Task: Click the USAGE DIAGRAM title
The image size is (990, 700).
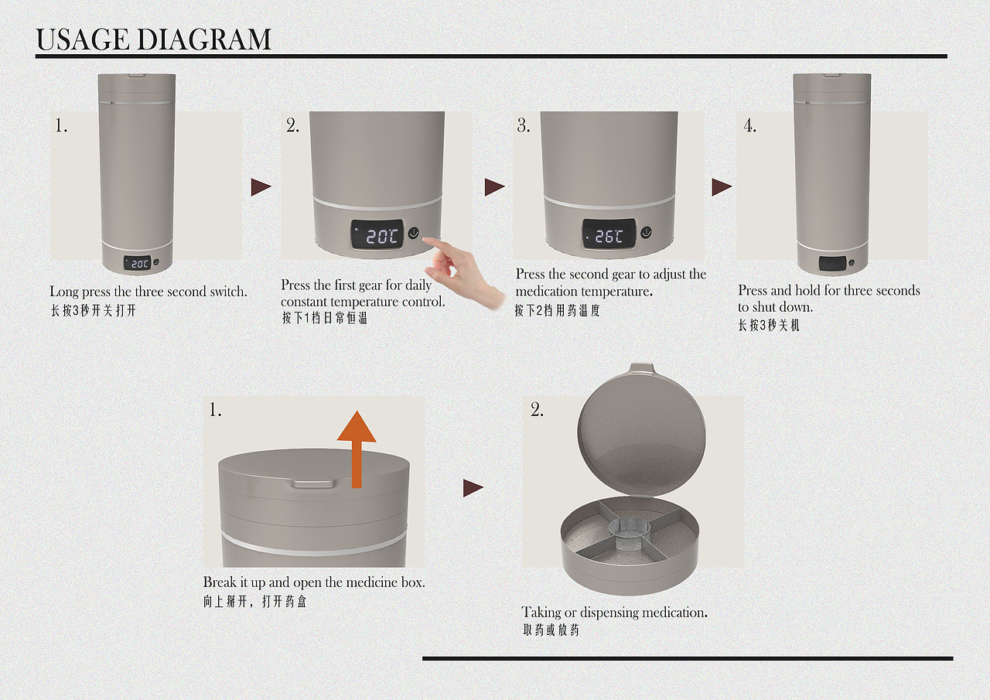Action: [x=153, y=39]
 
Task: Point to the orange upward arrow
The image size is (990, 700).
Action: [x=357, y=449]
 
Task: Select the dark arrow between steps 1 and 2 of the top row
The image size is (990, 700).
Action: [x=261, y=187]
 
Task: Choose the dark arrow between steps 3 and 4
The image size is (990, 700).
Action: [x=722, y=187]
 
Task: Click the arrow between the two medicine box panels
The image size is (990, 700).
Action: [x=473, y=488]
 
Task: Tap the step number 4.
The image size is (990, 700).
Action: [x=750, y=126]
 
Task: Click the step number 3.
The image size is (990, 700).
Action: [x=524, y=126]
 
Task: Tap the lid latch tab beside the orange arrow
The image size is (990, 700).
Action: [x=312, y=483]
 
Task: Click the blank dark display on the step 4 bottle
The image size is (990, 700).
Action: [x=833, y=265]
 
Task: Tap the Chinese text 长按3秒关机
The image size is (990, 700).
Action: [x=769, y=326]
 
